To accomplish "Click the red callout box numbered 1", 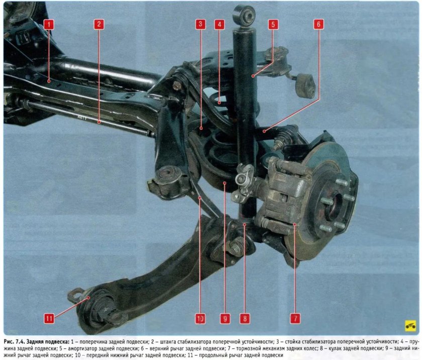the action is point(49,24).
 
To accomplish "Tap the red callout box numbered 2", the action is point(99,24).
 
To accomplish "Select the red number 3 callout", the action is point(200,24).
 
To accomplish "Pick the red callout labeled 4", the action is point(220,24).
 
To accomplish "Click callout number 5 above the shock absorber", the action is point(273,24).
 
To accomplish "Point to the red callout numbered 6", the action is point(319,24).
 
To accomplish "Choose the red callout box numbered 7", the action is point(295,319).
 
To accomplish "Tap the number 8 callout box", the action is point(245,319).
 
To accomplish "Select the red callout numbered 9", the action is point(225,319).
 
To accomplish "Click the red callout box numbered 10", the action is point(200,319).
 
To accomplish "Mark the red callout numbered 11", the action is point(49,319).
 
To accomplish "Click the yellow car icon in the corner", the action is point(410,326).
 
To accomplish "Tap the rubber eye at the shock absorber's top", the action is point(244,15).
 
